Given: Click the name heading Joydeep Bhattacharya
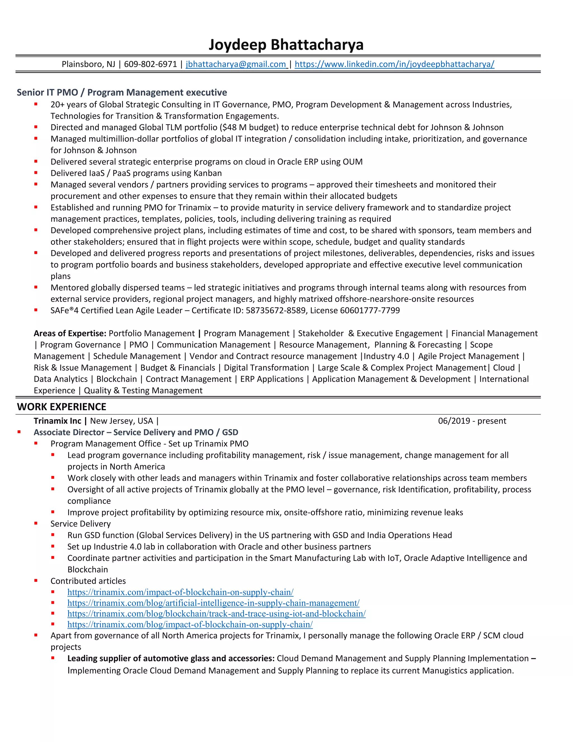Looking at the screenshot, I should pyautogui.click(x=286, y=45).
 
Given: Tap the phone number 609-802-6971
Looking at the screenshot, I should pyautogui.click(x=150, y=64).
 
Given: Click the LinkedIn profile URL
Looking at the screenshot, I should pyautogui.click(x=394, y=64).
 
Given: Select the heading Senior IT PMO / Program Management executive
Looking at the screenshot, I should pyautogui.click(x=122, y=92).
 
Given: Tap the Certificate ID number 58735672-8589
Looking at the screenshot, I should pyautogui.click(x=276, y=311).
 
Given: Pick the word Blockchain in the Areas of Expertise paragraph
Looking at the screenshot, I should pyautogui.click(x=116, y=379).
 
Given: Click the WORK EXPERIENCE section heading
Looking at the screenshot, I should pyautogui.click(x=62, y=407).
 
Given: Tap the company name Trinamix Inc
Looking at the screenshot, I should pyautogui.click(x=57, y=421).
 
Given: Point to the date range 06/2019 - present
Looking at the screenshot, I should pyautogui.click(x=472, y=421).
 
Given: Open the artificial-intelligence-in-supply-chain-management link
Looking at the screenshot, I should pyautogui.click(x=213, y=603).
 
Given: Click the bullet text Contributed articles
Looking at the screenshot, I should pyautogui.click(x=88, y=581).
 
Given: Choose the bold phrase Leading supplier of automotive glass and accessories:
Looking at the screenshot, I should pyautogui.click(x=171, y=659).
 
